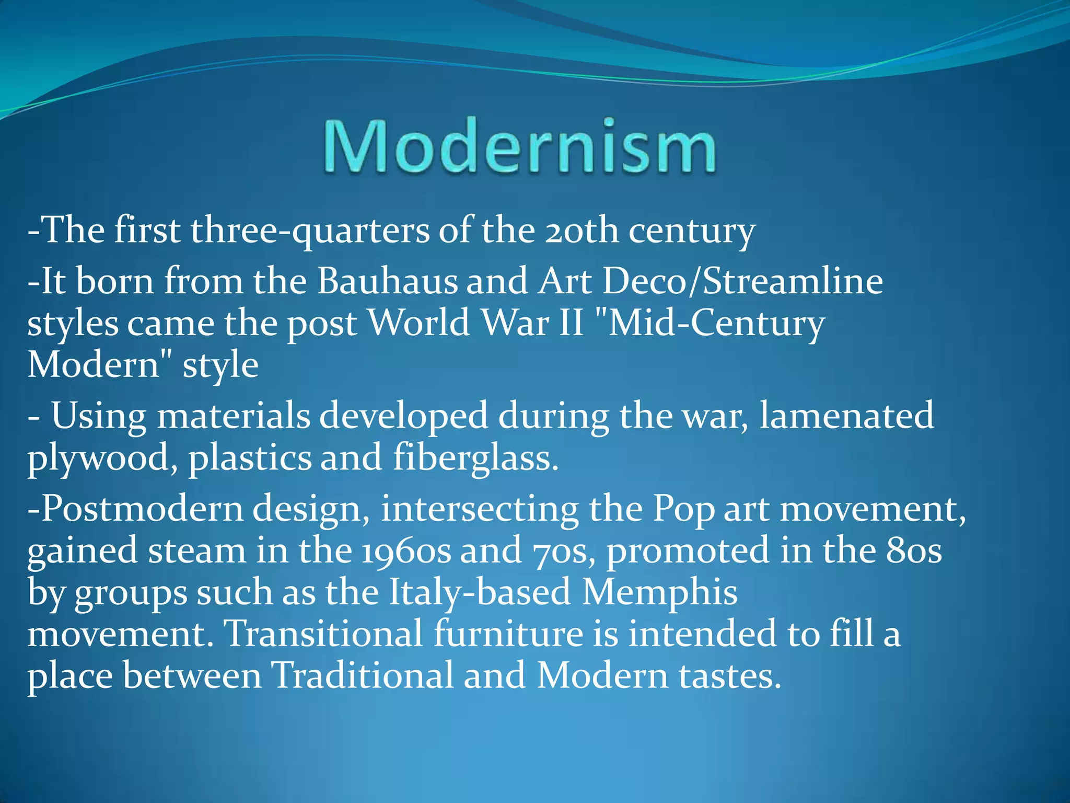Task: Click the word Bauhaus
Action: (386, 281)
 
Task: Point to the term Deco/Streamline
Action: (742, 281)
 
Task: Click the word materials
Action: (234, 416)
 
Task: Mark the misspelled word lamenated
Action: (846, 416)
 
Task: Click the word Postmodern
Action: (136, 509)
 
